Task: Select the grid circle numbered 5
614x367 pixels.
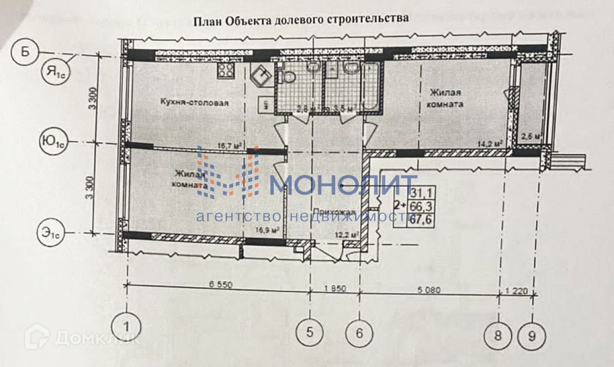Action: [x=309, y=333]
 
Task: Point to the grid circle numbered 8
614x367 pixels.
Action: [x=499, y=336]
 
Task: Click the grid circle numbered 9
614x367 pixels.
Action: [x=532, y=336]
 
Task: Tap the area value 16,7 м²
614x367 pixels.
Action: [x=230, y=146]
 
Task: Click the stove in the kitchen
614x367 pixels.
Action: [x=226, y=71]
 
